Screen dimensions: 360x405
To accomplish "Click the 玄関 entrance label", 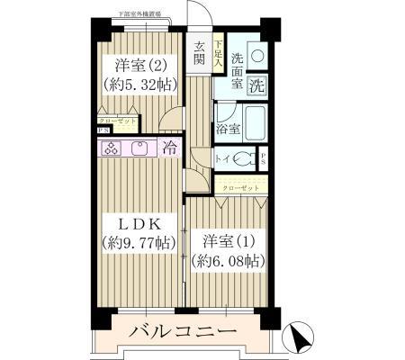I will pyautogui.click(x=199, y=55).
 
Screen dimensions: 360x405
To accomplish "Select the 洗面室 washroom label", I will pyautogui.click(x=237, y=71).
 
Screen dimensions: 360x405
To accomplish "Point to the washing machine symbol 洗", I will pyautogui.click(x=256, y=87).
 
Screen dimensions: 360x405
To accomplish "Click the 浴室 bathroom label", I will pyautogui.click(x=226, y=129).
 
